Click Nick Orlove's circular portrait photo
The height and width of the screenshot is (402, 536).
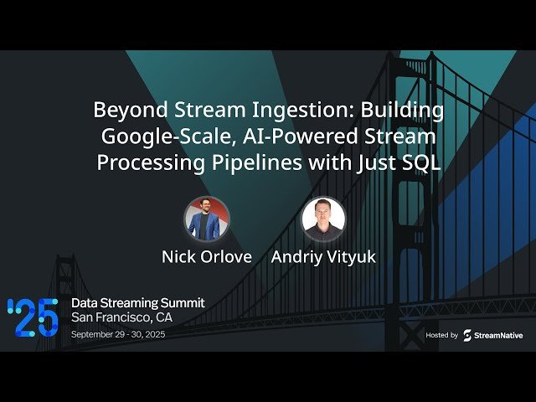point(207,219)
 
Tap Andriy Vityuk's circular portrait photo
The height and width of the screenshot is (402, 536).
point(323,219)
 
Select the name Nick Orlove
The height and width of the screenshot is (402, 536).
point(207,256)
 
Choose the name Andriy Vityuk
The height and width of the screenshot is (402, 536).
point(323,256)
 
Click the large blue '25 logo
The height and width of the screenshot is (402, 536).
point(33,317)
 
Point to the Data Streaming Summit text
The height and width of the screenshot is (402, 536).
point(137,302)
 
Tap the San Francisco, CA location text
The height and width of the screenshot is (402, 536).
point(122,317)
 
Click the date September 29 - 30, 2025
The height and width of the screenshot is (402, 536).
point(131,334)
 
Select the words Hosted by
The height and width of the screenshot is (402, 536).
point(441,335)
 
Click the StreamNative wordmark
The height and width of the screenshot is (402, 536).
point(500,335)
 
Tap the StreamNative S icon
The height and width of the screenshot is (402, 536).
point(467,335)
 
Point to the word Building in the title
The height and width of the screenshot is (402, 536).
point(407,111)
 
